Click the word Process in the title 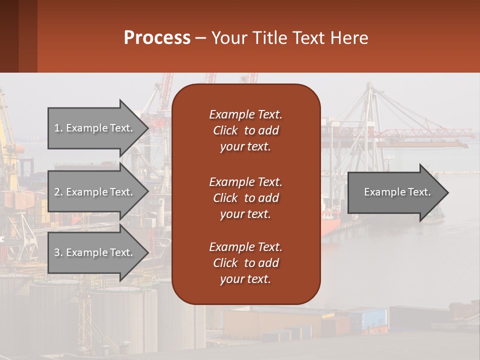pos(157,38)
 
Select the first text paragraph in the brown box pos(245,130)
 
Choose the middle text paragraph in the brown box pos(245,198)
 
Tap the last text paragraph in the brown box pos(245,263)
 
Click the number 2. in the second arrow pos(58,192)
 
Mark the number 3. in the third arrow pos(58,252)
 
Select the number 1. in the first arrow pos(58,128)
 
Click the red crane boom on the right pos(425,133)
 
